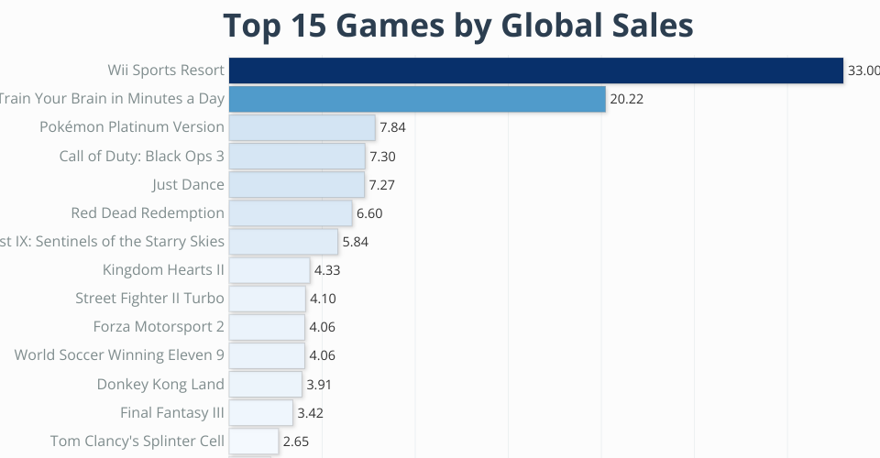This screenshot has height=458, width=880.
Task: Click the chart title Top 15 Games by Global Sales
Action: [457, 26]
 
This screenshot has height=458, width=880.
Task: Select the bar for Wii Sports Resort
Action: [535, 71]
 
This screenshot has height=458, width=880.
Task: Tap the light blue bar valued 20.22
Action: [417, 99]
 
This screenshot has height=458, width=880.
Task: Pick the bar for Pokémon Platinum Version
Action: [302, 127]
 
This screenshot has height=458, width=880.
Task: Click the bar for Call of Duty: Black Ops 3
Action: [297, 156]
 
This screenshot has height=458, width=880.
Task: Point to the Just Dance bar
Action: [296, 184]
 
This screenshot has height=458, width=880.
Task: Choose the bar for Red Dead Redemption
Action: [291, 213]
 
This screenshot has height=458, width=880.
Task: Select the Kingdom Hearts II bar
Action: [269, 270]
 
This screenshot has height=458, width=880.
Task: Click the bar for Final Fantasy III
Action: [260, 413]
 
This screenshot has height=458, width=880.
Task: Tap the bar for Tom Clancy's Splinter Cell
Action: [254, 442]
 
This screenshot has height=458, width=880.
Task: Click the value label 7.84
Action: [392, 127]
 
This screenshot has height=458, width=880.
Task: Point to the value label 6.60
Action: [369, 213]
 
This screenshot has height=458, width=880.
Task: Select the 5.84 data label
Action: [355, 242]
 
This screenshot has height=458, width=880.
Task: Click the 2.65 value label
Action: [296, 442]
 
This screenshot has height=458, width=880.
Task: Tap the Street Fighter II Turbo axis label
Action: [149, 299]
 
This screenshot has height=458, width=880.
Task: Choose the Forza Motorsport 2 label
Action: [159, 327]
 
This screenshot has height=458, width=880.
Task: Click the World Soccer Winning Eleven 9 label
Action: [119, 355]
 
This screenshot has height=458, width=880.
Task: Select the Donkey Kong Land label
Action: [160, 385]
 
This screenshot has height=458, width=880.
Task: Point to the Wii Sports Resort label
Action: [166, 71]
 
